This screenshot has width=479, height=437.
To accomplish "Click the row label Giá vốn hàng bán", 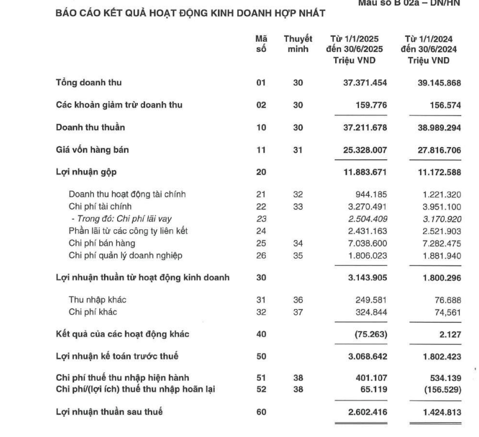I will click(x=89, y=150).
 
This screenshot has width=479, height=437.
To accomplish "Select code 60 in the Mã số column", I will click(x=260, y=411).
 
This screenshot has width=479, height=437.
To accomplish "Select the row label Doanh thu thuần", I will click(x=88, y=127).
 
